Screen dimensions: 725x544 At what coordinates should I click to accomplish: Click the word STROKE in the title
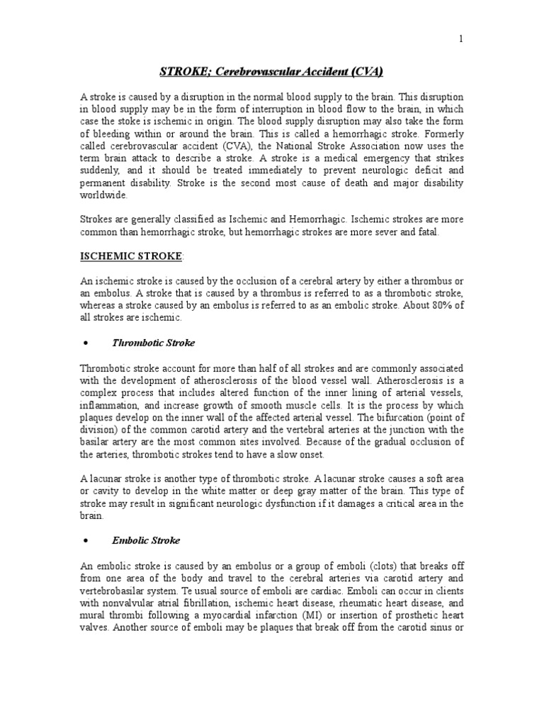(x=180, y=72)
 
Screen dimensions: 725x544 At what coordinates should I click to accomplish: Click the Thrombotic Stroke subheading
(x=154, y=343)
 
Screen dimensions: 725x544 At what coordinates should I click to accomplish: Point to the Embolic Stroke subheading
(x=147, y=540)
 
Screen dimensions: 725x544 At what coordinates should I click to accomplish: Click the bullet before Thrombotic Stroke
(x=85, y=343)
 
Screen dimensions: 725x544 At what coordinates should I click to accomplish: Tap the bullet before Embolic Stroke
(x=85, y=541)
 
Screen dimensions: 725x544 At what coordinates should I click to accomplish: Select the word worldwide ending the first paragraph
(x=104, y=195)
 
